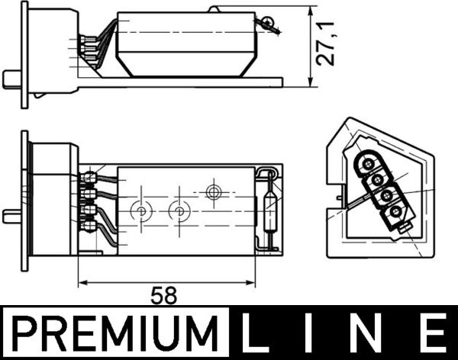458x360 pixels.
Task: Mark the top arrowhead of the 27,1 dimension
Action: click(310, 11)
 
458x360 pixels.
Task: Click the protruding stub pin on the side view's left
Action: click(11, 78)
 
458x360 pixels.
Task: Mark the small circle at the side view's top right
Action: click(268, 22)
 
